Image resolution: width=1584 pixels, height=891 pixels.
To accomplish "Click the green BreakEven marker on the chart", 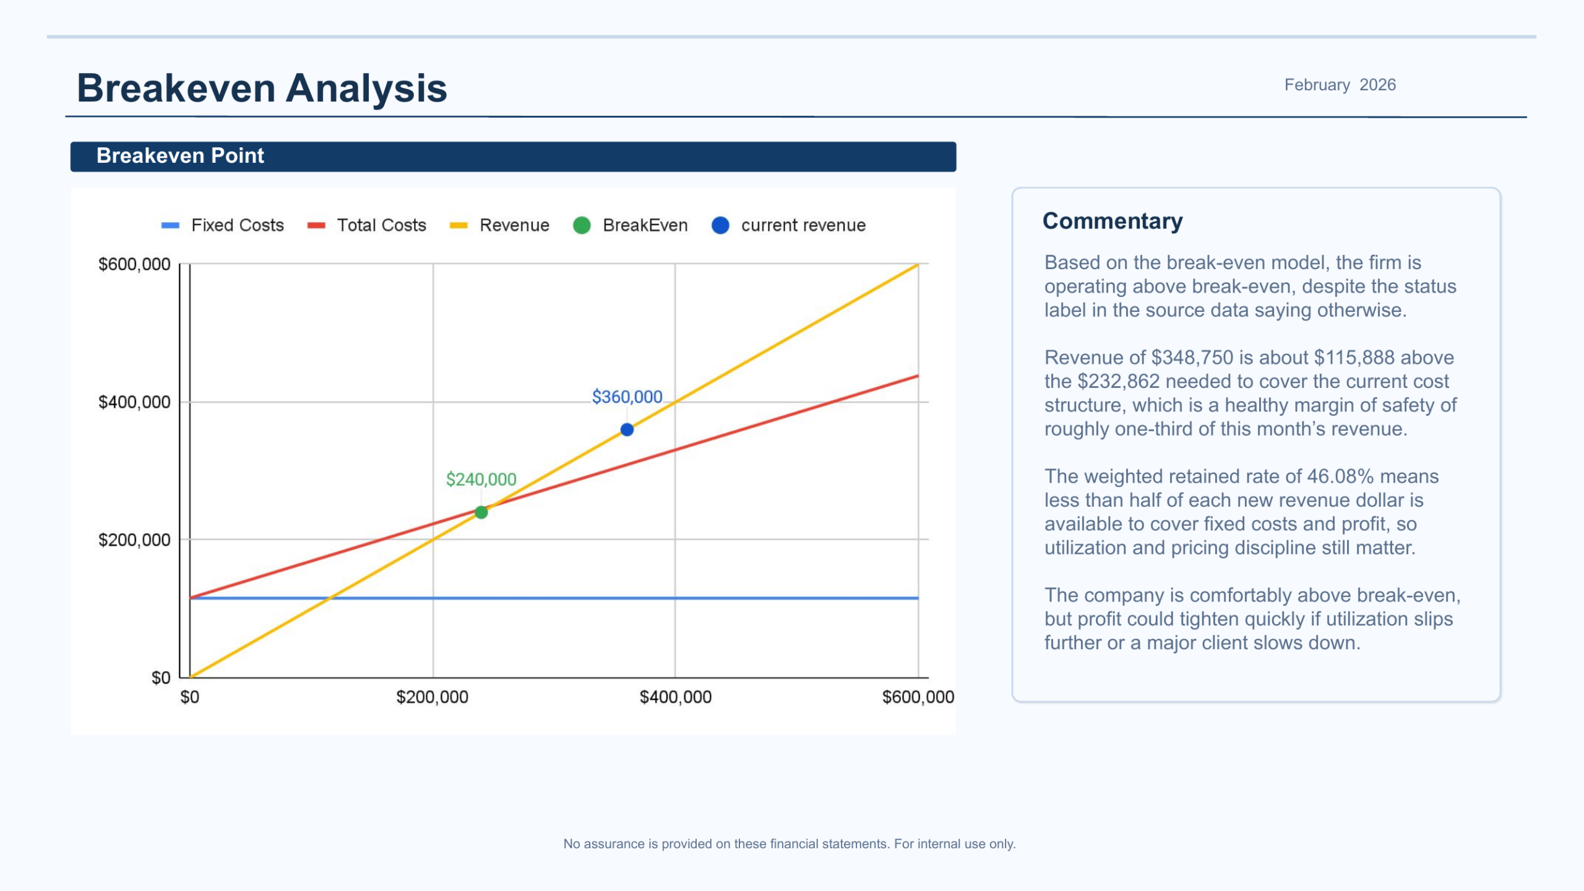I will pyautogui.click(x=481, y=512).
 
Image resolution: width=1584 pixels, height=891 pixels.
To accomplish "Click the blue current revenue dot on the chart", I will pyautogui.click(x=627, y=429).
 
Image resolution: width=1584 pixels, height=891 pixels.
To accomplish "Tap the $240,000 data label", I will pyautogui.click(x=481, y=479).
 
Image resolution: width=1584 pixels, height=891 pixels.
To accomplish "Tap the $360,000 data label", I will pyautogui.click(x=627, y=397).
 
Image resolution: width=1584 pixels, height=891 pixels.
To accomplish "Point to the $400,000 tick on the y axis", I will pyautogui.click(x=134, y=402).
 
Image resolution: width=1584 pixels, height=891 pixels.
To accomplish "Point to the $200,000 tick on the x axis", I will pyautogui.click(x=432, y=697).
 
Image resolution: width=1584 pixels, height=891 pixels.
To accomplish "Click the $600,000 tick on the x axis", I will pyautogui.click(x=918, y=697).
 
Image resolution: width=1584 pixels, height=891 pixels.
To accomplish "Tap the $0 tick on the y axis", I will pyautogui.click(x=160, y=678).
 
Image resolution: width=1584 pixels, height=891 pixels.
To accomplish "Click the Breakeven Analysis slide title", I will pyautogui.click(x=262, y=88).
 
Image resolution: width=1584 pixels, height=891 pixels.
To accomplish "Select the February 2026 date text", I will pyautogui.click(x=1340, y=85).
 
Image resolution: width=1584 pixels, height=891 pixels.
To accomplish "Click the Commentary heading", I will pyautogui.click(x=1112, y=221).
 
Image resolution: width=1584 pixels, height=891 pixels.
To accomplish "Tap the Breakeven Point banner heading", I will pyautogui.click(x=180, y=156).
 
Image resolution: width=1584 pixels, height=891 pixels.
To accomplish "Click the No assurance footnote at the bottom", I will pyautogui.click(x=789, y=844).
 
